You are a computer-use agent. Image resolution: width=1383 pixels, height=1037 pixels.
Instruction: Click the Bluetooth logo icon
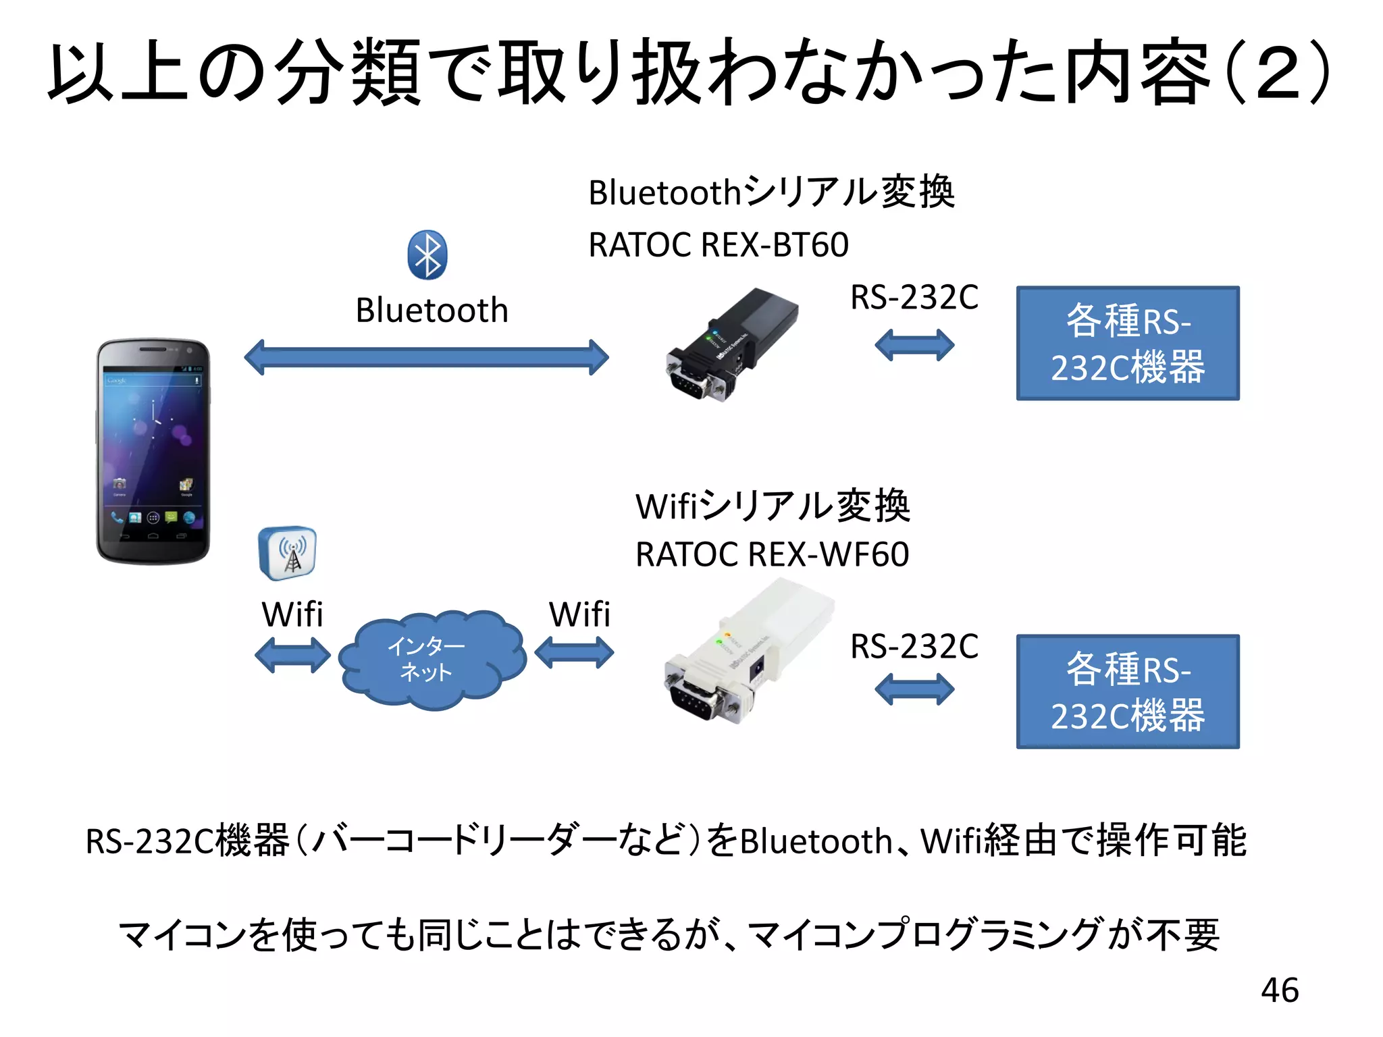click(427, 255)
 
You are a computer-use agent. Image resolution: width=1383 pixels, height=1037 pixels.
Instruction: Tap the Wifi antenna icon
click(287, 553)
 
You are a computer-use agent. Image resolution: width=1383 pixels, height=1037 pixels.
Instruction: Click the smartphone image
click(153, 451)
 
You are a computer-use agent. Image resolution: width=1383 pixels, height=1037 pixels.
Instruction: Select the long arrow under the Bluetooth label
click(426, 357)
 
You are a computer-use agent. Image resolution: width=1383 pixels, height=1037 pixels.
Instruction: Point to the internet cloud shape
click(431, 660)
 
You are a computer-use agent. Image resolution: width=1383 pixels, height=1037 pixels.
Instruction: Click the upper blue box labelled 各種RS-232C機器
click(1127, 343)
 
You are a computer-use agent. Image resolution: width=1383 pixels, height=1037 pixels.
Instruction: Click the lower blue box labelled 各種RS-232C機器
click(1127, 691)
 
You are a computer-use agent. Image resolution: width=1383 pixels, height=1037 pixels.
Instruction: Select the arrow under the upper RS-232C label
click(914, 345)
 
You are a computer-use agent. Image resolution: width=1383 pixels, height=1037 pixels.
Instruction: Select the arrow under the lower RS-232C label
click(914, 689)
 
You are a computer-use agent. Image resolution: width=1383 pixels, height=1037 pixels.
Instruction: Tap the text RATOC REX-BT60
click(718, 244)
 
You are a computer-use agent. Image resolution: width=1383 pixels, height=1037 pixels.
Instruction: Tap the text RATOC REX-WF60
click(772, 554)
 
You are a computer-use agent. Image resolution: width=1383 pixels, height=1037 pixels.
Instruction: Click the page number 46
click(1279, 990)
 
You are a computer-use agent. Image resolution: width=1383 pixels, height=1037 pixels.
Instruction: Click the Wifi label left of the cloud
click(292, 614)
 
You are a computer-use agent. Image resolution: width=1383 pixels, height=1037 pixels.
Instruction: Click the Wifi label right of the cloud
click(579, 614)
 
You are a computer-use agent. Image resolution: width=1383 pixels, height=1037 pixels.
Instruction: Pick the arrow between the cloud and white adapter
click(574, 654)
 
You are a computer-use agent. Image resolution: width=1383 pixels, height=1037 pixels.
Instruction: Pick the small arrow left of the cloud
click(292, 655)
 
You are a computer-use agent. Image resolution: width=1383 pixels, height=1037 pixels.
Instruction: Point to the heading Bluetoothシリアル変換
click(771, 192)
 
